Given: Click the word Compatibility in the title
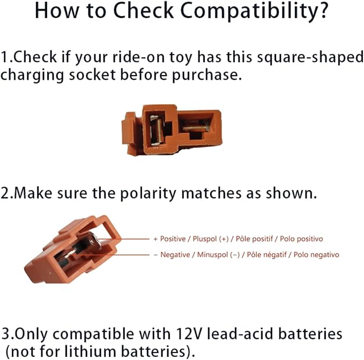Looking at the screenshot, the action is pos(249,11).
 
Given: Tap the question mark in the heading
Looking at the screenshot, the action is pos(323,10).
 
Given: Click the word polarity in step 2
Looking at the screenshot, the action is pos(148,194).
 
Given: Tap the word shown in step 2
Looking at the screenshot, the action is pos(291,193).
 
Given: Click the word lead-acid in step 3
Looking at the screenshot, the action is pos(240,334).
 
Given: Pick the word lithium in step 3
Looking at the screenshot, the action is pos(90,351).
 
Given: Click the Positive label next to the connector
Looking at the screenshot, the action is pos(173,239).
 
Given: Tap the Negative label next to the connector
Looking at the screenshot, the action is pos(175,254).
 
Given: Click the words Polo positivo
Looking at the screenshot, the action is pos(301,239).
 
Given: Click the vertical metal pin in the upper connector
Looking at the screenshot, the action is pos(158,131).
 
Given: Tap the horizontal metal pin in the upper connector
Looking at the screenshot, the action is pos(195,128).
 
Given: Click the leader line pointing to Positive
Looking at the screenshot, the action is pos(123,239).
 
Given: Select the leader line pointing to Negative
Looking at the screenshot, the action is pos(113,254).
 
